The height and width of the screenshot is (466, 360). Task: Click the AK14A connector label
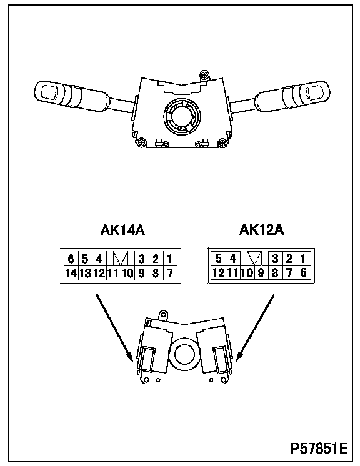(x=122, y=231)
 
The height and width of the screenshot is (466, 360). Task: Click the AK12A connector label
(x=262, y=230)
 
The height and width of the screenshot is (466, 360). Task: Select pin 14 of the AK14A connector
(x=71, y=273)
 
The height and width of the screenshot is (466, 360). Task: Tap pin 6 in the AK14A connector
(x=71, y=259)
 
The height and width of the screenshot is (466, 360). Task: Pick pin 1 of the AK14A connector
(x=169, y=259)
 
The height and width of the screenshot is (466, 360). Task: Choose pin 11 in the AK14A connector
(x=113, y=273)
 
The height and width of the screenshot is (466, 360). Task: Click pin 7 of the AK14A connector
(x=170, y=273)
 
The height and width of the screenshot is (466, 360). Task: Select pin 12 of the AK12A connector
(x=219, y=272)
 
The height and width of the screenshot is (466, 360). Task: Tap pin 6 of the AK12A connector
(x=304, y=272)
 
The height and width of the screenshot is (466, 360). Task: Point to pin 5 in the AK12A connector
(x=219, y=258)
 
